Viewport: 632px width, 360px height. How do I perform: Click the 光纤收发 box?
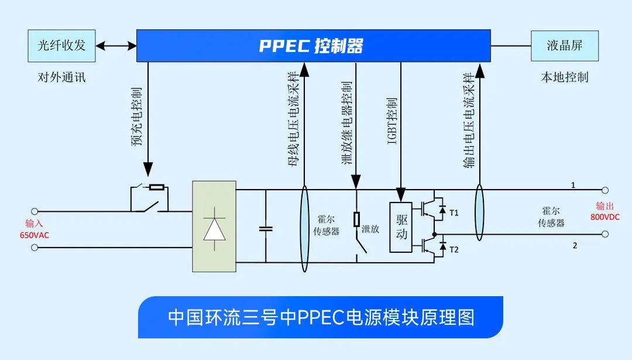click(x=61, y=46)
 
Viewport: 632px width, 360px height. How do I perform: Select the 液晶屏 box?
click(x=564, y=46)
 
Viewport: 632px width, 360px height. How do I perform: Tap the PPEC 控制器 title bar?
click(x=314, y=46)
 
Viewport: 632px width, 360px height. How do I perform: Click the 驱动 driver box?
click(x=401, y=227)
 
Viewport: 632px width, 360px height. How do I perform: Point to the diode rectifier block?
click(x=214, y=226)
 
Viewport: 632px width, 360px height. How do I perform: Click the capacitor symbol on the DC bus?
click(x=266, y=228)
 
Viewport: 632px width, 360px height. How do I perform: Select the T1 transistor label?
click(x=454, y=213)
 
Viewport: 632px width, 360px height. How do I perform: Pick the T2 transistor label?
click(x=454, y=250)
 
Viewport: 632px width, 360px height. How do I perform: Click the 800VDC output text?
click(x=605, y=217)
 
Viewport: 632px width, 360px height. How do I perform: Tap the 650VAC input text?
click(x=35, y=235)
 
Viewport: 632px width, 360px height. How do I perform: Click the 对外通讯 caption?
click(x=61, y=77)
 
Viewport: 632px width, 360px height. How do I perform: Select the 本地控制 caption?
click(x=564, y=77)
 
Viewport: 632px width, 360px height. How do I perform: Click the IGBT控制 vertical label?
click(x=392, y=121)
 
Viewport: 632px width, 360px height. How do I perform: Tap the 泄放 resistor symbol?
click(x=357, y=220)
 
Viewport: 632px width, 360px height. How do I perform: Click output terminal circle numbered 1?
click(x=605, y=190)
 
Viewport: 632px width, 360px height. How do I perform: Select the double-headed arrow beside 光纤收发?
click(x=116, y=46)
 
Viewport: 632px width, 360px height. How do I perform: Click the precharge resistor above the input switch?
click(x=156, y=187)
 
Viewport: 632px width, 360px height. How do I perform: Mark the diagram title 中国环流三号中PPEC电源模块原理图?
click(x=321, y=317)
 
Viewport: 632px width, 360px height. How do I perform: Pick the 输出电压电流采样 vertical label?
click(x=469, y=120)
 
